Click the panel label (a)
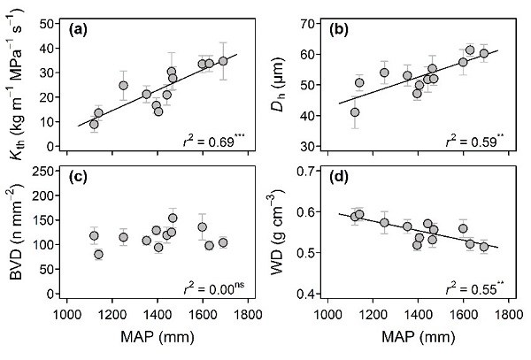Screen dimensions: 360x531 tap(82, 28)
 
